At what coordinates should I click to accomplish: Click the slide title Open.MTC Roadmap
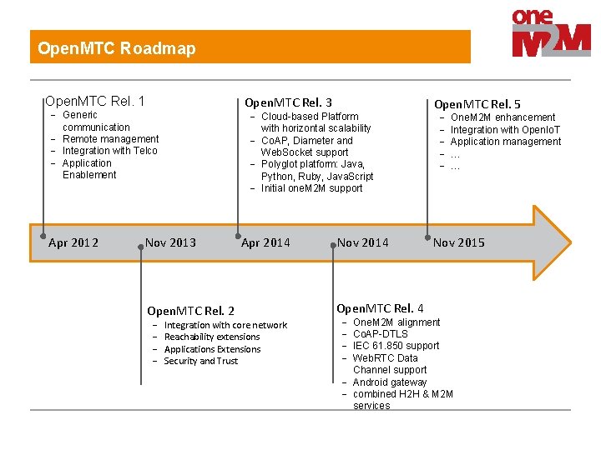[x=117, y=48]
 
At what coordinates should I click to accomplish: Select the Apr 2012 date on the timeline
[x=73, y=242]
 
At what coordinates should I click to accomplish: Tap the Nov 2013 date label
[x=170, y=242]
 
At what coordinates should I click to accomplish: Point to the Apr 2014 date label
[x=265, y=242]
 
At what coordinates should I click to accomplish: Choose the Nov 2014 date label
[x=362, y=242]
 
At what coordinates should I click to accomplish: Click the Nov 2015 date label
[x=458, y=242]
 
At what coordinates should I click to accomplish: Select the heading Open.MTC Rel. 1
[x=94, y=102]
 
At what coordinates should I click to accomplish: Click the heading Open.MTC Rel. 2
[x=190, y=311]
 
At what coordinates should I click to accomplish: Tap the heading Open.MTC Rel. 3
[x=288, y=102]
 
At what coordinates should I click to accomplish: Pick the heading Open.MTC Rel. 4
[x=380, y=308]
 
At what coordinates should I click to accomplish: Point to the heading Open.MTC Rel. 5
[x=477, y=104]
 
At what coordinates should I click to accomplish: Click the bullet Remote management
[x=110, y=139]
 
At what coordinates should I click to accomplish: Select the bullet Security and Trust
[x=200, y=361]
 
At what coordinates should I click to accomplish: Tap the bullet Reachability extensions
[x=212, y=337]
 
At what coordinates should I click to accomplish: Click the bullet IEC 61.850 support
[x=396, y=346]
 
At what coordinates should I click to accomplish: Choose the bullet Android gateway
[x=390, y=382]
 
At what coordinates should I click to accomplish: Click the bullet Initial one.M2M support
[x=311, y=188]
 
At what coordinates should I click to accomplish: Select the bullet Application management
[x=506, y=142]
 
